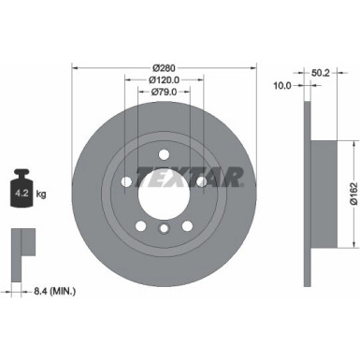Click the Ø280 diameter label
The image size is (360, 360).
coord(164,67)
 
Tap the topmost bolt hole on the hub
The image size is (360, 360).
coord(164,154)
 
